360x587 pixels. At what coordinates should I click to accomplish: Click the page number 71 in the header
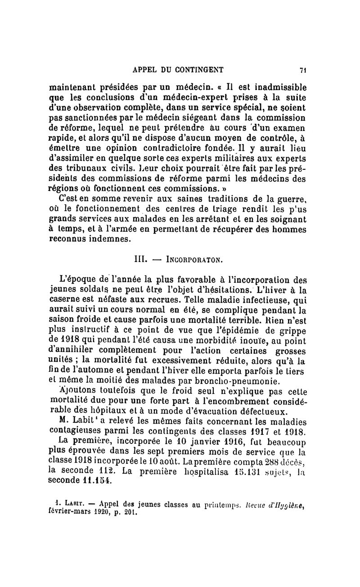pyautogui.click(x=303, y=70)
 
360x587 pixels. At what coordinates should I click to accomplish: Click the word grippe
pyautogui.click(x=294, y=332)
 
